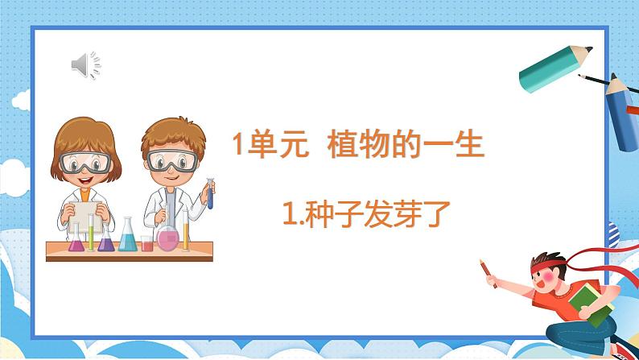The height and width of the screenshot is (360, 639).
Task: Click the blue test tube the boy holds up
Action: (210, 193)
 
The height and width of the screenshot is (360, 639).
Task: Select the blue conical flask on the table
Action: (127, 235)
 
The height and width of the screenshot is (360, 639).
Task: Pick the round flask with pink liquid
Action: (167, 237)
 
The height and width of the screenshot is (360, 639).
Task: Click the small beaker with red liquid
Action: (146, 242)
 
